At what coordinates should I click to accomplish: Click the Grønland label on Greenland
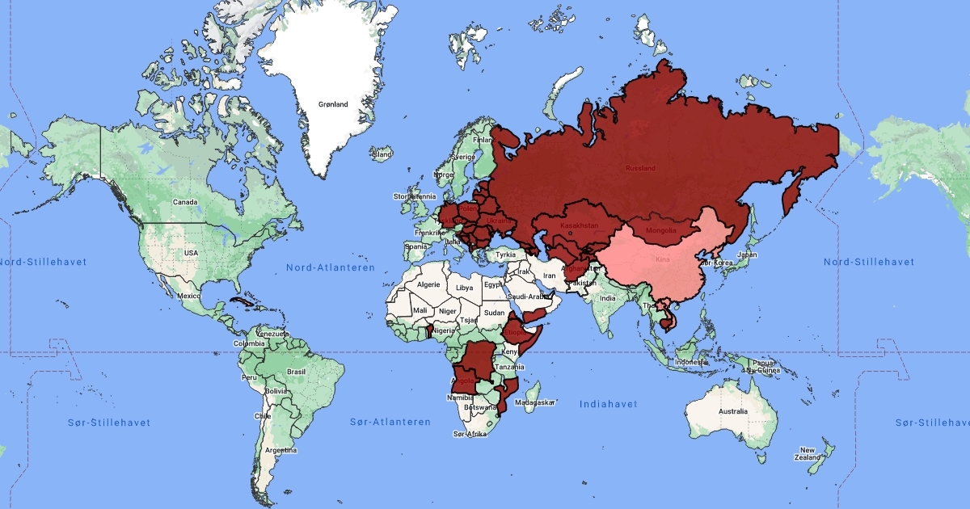pos(333,104)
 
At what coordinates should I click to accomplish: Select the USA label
pos(191,253)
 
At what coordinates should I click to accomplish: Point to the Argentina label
pos(280,450)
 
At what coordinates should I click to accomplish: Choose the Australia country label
pos(732,412)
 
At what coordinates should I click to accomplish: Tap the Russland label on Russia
pos(639,168)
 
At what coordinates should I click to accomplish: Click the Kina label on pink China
pos(663,261)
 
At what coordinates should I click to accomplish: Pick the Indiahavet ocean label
pos(608,404)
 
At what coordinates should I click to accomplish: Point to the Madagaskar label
pos(536,402)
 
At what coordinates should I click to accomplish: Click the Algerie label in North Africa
pos(428,284)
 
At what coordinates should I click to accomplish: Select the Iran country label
pos(549,276)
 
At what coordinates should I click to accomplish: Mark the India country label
pos(608,298)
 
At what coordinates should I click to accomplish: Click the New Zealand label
pos(808,454)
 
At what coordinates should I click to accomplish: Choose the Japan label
pos(748,254)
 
